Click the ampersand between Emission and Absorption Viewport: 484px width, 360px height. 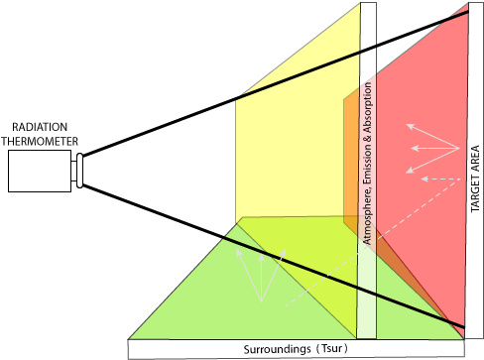pyautogui.click(x=369, y=126)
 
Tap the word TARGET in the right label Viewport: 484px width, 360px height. pyautogui.click(x=474, y=194)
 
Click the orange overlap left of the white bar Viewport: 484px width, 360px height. pyautogui.click(x=350, y=159)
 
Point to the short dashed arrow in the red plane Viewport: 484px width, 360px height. pyautogui.click(x=441, y=180)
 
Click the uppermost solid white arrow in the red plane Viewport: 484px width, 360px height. pyautogui.click(x=431, y=137)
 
